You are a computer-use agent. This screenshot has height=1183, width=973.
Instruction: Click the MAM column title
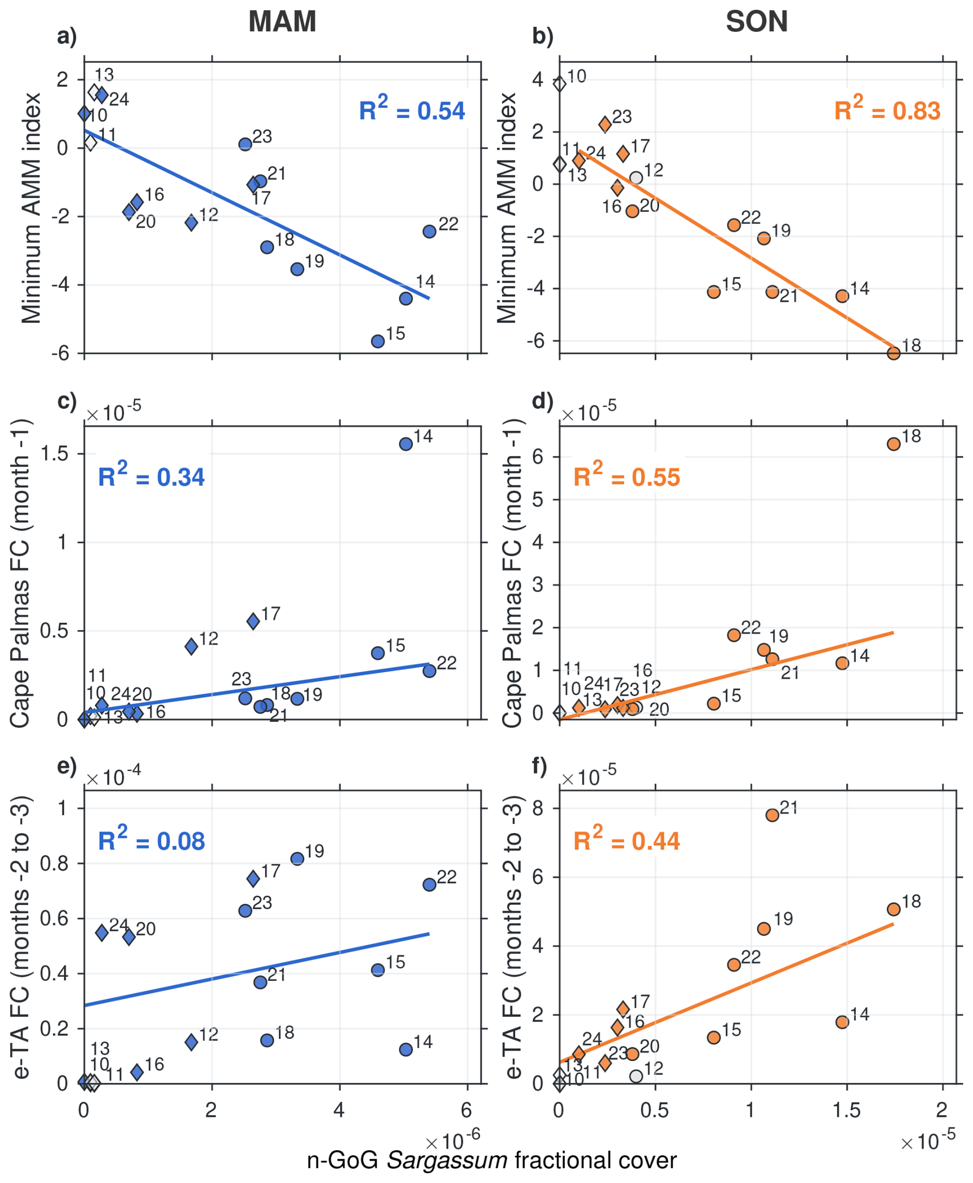282,22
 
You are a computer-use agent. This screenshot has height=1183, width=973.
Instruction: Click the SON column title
756,22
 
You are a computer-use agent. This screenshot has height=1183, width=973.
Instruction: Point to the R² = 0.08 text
151,840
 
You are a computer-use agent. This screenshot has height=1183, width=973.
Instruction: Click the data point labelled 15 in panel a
378,342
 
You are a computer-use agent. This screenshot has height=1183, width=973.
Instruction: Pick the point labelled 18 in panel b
893,353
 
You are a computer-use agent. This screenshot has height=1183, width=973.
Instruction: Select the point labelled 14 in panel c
406,444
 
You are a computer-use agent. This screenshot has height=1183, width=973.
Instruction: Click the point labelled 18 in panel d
893,444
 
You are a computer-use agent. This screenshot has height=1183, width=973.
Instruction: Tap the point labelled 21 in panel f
772,815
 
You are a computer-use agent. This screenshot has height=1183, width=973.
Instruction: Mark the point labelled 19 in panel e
297,859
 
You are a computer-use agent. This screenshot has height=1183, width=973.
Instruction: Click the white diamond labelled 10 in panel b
560,84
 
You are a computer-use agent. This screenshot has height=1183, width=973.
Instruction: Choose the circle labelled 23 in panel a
245,144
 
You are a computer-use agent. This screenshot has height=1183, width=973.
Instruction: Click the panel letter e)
67,766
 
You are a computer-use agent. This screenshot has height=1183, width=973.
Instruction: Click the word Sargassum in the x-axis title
447,1160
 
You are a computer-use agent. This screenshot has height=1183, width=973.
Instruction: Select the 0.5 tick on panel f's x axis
655,1109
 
